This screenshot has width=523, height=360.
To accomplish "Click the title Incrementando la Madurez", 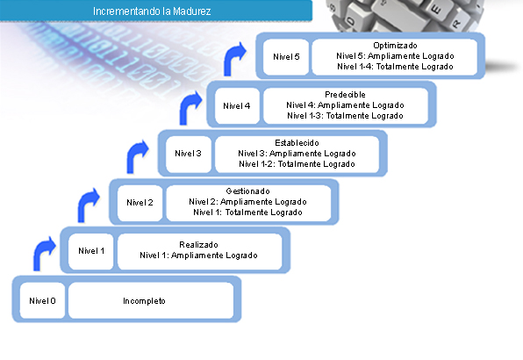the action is pyautogui.click(x=152, y=11).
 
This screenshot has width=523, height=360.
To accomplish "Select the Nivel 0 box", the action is pyautogui.click(x=42, y=300).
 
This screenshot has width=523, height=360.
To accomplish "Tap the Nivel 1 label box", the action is pyautogui.click(x=91, y=251).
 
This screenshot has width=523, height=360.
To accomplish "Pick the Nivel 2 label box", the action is pyautogui.click(x=140, y=203).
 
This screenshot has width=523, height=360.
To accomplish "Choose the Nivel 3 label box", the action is pyautogui.click(x=188, y=154).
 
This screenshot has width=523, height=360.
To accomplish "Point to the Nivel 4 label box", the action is pyautogui.click(x=237, y=105).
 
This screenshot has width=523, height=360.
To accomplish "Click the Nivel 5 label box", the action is pyautogui.click(x=286, y=57).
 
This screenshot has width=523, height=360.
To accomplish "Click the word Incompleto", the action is pyautogui.click(x=144, y=301).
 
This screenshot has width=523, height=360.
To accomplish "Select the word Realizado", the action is pyautogui.click(x=199, y=245).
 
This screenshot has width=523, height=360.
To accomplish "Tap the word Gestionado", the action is pyautogui.click(x=247, y=191).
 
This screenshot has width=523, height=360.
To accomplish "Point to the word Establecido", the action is pyautogui.click(x=297, y=143).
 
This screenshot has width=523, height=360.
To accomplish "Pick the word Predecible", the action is pyautogui.click(x=345, y=95).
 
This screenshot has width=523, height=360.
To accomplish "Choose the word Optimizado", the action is pyautogui.click(x=395, y=46).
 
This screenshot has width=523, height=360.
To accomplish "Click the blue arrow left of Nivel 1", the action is pyautogui.click(x=40, y=252).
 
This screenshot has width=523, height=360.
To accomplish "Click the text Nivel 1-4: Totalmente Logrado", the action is pyautogui.click(x=395, y=67).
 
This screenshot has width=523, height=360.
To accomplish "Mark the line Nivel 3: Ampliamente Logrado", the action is pyautogui.click(x=297, y=154).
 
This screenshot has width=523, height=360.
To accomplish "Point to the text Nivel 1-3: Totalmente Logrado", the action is pyautogui.click(x=345, y=116).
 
